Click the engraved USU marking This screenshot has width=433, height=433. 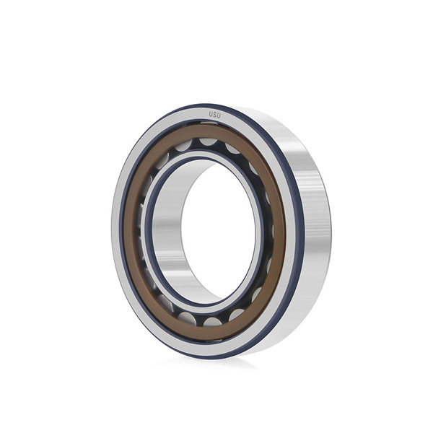coord(214,115)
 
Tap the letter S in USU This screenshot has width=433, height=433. coord(215,115)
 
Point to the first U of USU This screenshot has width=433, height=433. coord(211,114)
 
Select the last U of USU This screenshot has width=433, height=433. coord(219,115)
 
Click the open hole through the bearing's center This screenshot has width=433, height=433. coord(219,232)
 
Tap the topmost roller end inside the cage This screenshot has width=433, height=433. coord(209,141)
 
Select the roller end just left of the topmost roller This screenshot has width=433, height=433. coord(183,146)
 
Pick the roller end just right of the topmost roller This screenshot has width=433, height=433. coord(232,148)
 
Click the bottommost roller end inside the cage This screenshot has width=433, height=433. coord(213,322)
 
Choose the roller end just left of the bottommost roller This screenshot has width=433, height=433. coord(187,318)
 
